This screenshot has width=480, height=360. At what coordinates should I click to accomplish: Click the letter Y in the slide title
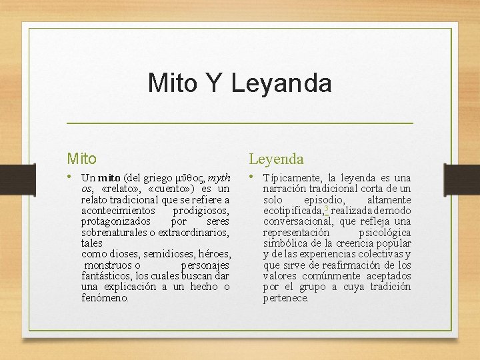213,83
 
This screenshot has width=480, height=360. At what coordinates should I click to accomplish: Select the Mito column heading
81,159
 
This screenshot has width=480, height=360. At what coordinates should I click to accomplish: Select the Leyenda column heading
276,159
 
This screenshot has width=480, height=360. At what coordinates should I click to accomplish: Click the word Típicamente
292,178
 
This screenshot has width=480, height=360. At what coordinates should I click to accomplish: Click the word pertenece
286,298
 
